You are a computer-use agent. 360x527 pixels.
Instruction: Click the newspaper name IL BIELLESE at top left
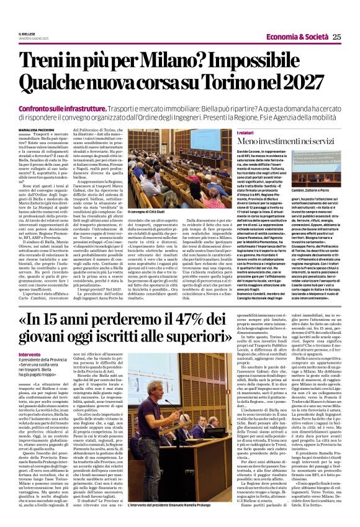(x=27, y=33)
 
